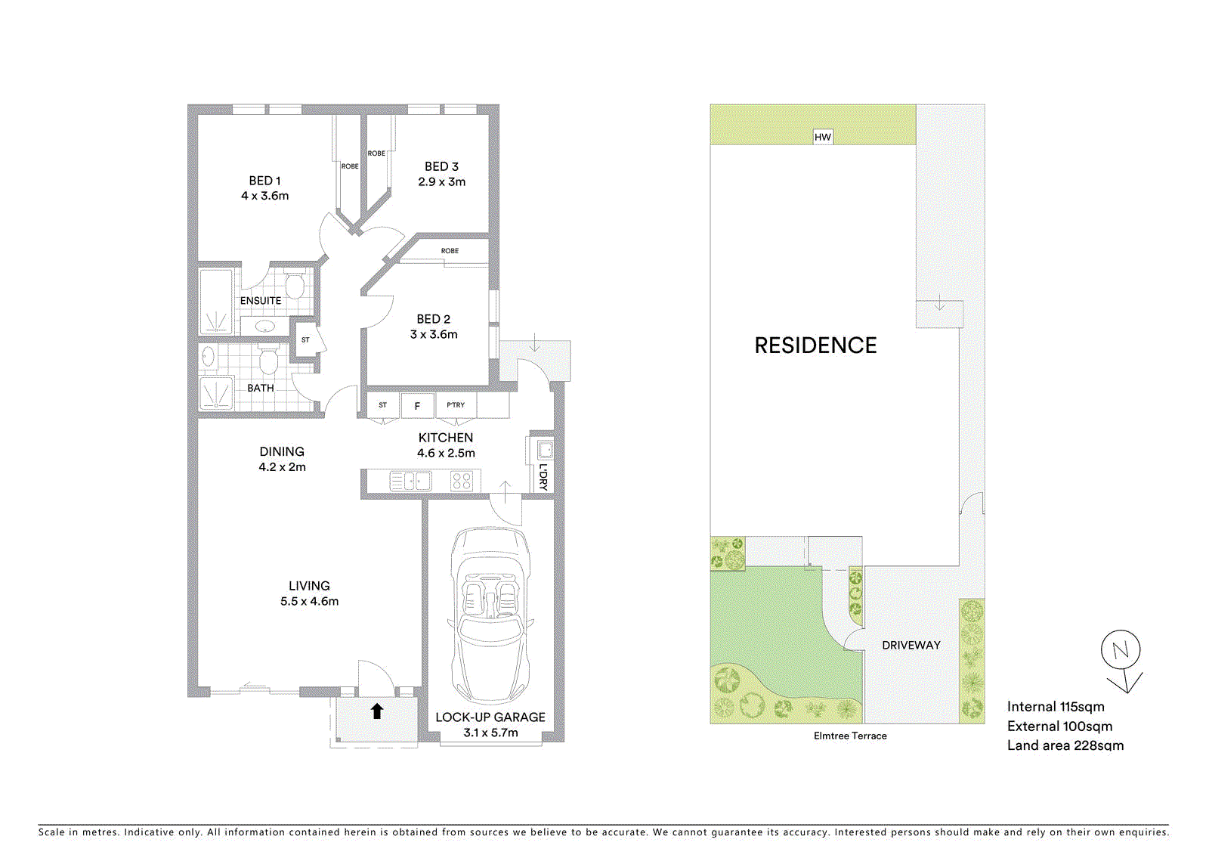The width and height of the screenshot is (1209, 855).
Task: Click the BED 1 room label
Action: (x=264, y=181)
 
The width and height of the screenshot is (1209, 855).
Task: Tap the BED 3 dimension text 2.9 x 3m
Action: (x=441, y=182)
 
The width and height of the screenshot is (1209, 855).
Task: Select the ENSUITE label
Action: (x=261, y=301)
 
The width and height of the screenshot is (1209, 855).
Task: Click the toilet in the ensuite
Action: (x=295, y=287)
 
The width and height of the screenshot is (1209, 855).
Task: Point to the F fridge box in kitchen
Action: (x=417, y=406)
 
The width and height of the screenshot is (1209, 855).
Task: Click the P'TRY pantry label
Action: (x=456, y=405)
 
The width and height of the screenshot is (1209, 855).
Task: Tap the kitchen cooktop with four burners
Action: (x=462, y=482)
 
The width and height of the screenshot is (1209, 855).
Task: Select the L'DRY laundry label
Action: (x=543, y=477)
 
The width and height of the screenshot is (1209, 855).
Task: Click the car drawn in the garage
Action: (x=491, y=614)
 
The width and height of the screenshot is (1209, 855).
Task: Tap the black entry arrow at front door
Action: (x=377, y=711)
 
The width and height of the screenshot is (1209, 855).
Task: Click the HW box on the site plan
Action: (x=823, y=137)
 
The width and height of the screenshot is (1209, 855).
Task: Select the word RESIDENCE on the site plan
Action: (x=815, y=345)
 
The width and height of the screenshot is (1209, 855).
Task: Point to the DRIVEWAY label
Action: (x=911, y=646)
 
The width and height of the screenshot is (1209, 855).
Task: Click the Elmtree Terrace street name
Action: (x=850, y=736)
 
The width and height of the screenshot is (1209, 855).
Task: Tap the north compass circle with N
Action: (x=1121, y=649)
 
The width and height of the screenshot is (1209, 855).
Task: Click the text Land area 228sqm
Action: (x=1065, y=745)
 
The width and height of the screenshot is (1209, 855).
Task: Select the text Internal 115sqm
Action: (x=1056, y=707)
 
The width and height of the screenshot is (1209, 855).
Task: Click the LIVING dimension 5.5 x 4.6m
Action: (x=309, y=602)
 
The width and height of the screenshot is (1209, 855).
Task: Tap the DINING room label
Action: (x=282, y=451)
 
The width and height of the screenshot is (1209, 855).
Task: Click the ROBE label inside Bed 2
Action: (x=450, y=251)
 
